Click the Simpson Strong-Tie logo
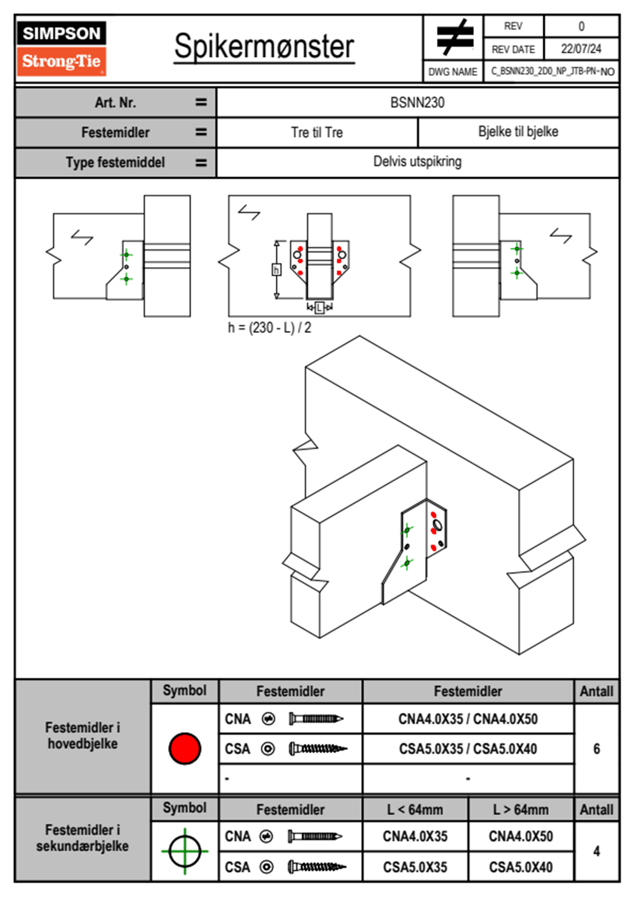click(61, 49)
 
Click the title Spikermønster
click(264, 46)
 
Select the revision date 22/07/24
click(581, 49)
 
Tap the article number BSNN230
click(417, 102)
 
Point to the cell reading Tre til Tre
click(317, 132)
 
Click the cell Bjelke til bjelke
click(518, 132)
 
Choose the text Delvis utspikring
click(417, 162)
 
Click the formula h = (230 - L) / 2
click(269, 327)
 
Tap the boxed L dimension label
click(319, 307)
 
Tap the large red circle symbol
click(185, 748)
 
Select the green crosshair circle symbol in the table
click(185, 851)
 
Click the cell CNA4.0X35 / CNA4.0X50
click(468, 719)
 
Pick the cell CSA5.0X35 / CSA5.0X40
click(468, 749)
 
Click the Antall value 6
click(597, 749)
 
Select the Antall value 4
click(597, 851)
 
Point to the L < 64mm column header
click(415, 810)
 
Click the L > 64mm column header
click(521, 810)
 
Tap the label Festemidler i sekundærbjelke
click(83, 838)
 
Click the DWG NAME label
click(453, 71)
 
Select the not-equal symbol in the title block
click(455, 37)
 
